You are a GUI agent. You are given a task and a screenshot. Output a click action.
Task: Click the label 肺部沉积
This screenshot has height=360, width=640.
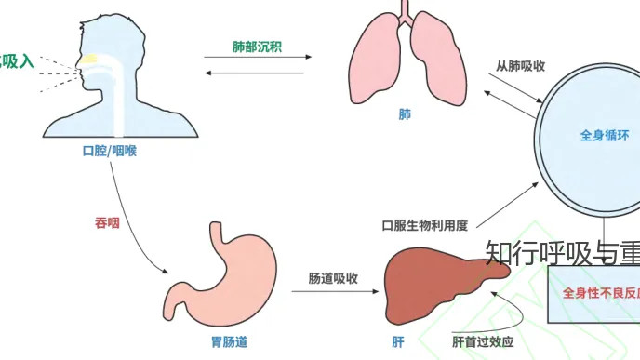tap(257, 46)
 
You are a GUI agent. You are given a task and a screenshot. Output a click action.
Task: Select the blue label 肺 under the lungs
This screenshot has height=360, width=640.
tap(404, 114)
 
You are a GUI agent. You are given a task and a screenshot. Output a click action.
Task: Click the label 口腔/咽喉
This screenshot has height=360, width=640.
tap(109, 151)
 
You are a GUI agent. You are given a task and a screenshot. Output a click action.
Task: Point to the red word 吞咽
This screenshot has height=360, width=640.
tap(107, 222)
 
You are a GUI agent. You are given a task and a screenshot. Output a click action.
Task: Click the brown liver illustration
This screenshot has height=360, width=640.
tap(433, 279)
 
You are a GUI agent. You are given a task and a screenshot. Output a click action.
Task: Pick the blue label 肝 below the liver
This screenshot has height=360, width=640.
tap(398, 341)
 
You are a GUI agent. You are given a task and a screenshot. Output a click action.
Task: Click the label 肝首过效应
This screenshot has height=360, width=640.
tap(483, 341)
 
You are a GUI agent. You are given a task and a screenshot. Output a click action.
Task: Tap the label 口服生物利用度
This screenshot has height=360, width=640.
tap(424, 225)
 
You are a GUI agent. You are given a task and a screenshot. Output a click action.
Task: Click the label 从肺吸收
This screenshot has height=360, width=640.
tap(520, 66)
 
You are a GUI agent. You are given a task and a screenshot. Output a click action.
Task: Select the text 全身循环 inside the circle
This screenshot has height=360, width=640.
tap(604, 136)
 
